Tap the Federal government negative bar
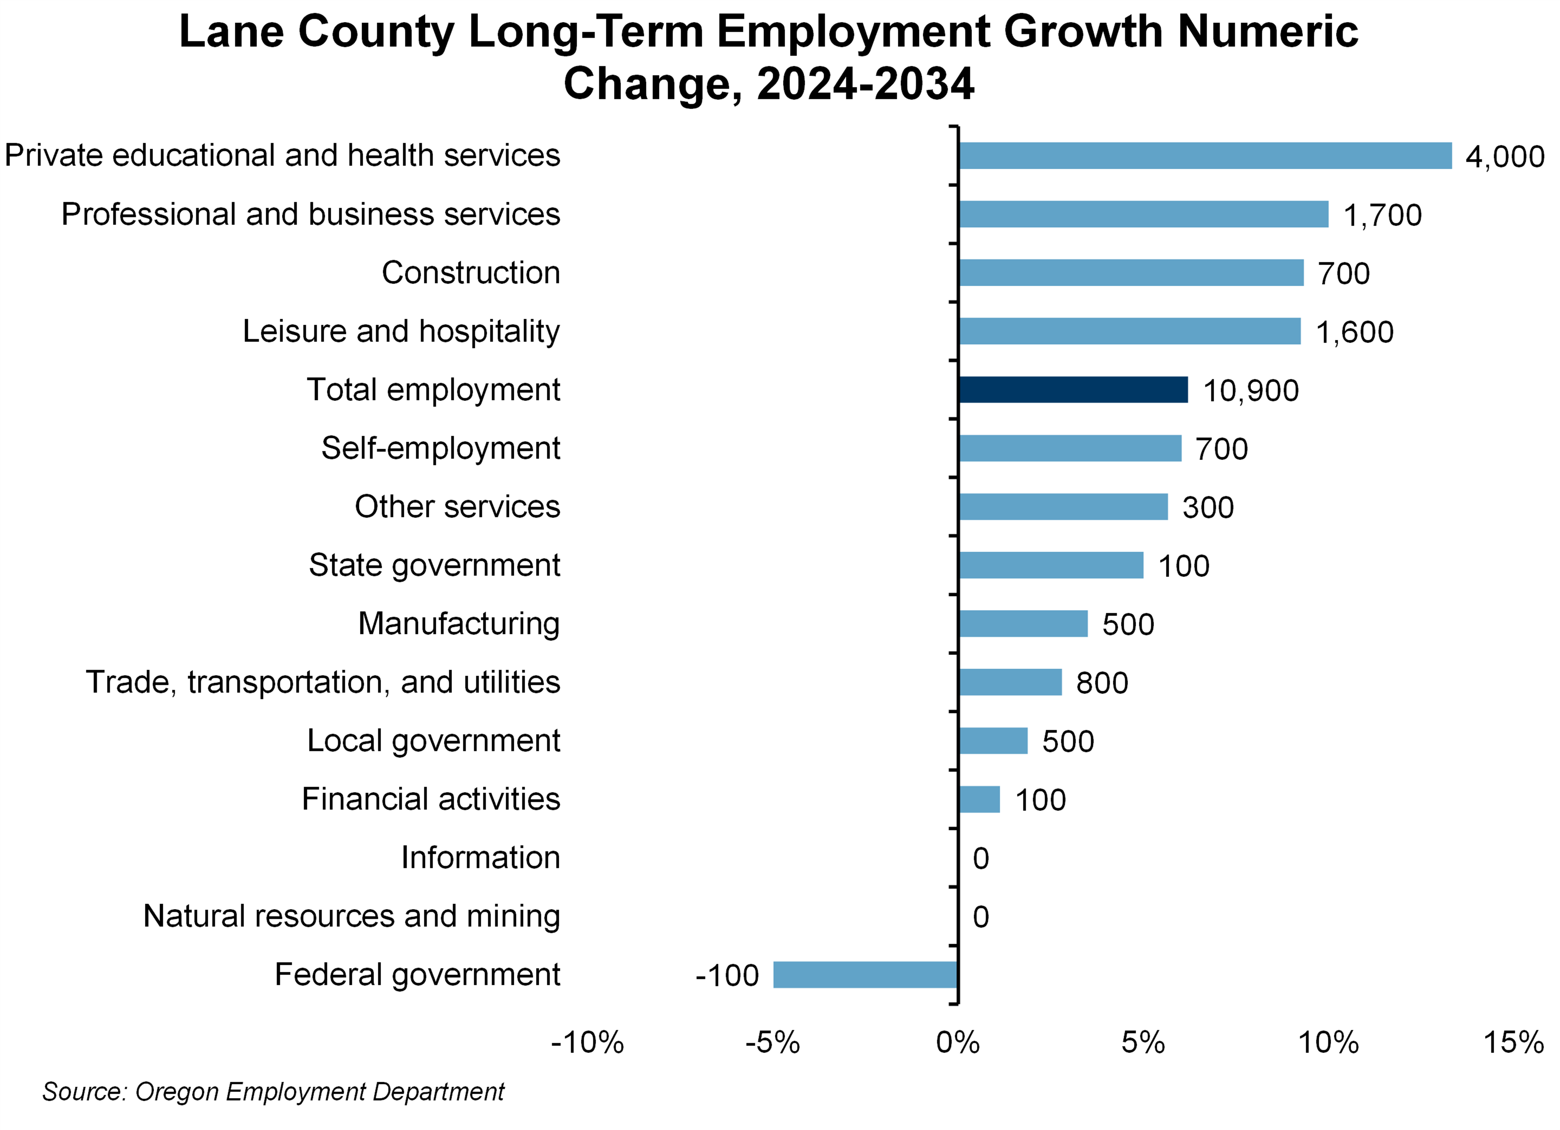(865, 975)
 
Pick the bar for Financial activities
(979, 799)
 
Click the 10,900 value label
(1251, 391)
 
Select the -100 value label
(727, 975)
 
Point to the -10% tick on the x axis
(587, 1043)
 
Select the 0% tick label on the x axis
(958, 1043)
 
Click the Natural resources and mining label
(351, 916)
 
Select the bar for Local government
(992, 741)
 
